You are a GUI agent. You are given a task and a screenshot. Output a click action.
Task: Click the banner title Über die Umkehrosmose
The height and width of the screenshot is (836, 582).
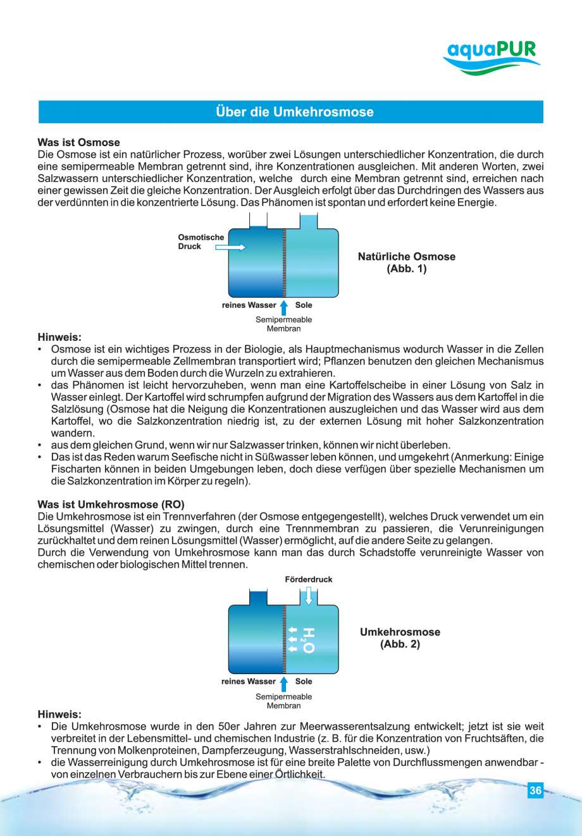click(294, 112)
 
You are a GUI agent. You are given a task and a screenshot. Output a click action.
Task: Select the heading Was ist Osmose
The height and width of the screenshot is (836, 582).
click(78, 142)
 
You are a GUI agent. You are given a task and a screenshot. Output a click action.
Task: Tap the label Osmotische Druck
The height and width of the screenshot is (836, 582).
click(201, 242)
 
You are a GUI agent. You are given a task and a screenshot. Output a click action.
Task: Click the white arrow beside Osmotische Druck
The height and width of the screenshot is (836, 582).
click(230, 248)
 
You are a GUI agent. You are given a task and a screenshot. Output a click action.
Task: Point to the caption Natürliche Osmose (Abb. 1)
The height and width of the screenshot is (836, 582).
click(406, 262)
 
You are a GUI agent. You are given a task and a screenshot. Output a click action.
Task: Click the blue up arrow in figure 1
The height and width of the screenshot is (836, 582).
click(284, 307)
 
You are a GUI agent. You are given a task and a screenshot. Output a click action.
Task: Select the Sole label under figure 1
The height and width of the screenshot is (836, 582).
click(304, 305)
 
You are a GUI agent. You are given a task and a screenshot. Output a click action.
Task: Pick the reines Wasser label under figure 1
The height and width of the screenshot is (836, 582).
click(249, 305)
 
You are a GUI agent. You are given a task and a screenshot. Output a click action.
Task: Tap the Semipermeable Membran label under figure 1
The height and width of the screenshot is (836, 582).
click(283, 324)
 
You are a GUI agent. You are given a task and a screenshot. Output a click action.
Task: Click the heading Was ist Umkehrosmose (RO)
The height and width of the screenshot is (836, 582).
click(111, 505)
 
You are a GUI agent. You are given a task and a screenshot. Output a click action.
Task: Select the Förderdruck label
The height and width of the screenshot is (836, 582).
click(308, 579)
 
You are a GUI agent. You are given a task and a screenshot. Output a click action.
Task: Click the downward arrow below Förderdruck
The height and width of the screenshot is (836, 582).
click(309, 596)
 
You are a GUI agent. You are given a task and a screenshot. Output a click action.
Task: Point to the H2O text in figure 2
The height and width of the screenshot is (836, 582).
click(307, 640)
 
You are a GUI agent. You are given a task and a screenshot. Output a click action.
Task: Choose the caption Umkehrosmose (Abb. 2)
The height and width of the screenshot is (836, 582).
click(400, 638)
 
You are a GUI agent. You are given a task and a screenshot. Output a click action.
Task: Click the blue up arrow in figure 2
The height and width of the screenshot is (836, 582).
click(284, 683)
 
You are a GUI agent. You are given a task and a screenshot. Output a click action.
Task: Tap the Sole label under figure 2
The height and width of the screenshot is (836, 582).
click(304, 681)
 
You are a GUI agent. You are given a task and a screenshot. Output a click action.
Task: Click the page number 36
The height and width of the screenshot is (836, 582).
click(535, 790)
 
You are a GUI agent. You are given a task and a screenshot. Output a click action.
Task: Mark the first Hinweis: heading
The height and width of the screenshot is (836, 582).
click(59, 338)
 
